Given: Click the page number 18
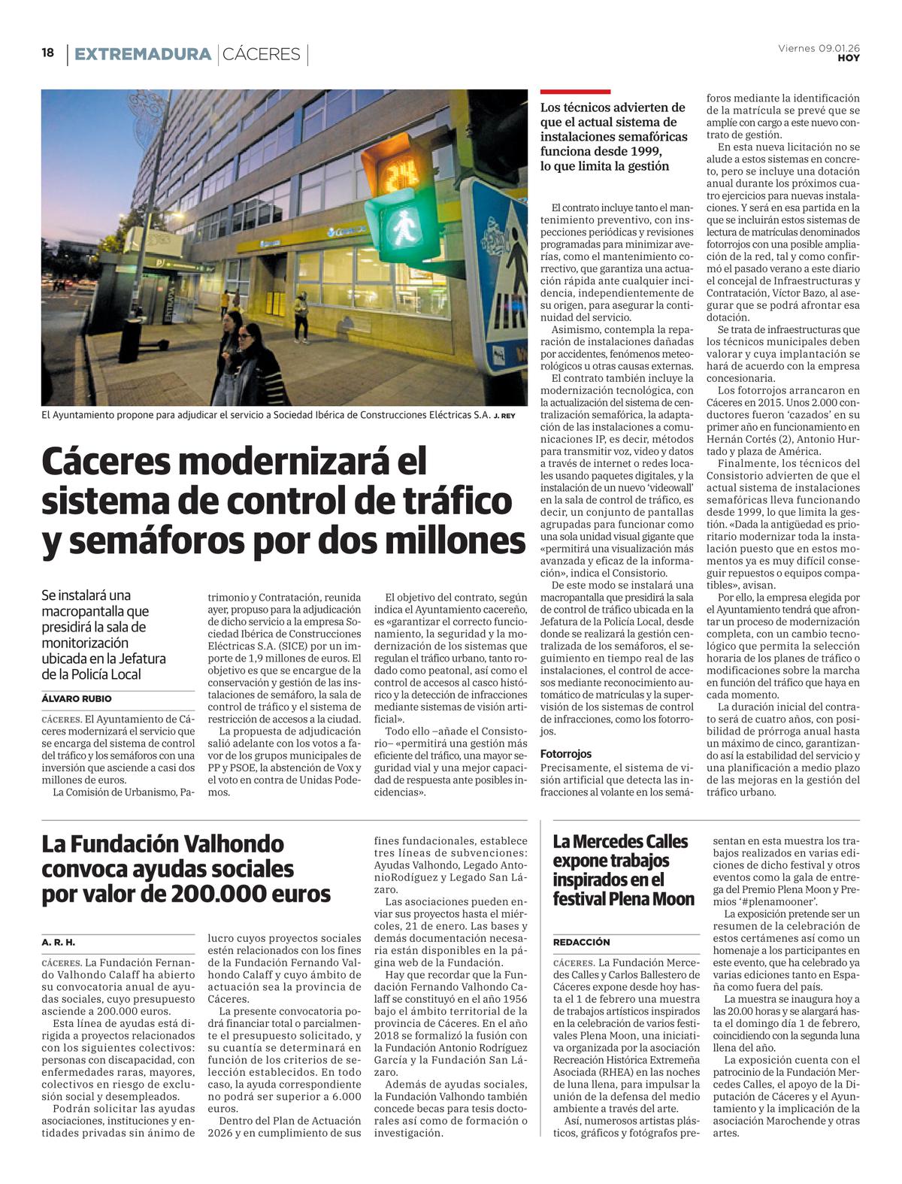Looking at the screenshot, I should coord(48,53).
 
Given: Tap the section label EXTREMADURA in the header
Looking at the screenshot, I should coord(142,54).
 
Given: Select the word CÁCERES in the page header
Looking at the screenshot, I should coord(262,54).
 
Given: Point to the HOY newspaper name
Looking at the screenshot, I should coord(849,58).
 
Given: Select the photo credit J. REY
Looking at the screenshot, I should coord(505,416).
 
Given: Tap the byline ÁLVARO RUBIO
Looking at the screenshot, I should coord(77,698).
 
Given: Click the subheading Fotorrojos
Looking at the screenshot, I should coord(566,753).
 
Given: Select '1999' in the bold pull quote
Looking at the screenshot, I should coord(650,151).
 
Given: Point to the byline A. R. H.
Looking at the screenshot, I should coord(59,942).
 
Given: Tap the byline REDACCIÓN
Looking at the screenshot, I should coord(582,942).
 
